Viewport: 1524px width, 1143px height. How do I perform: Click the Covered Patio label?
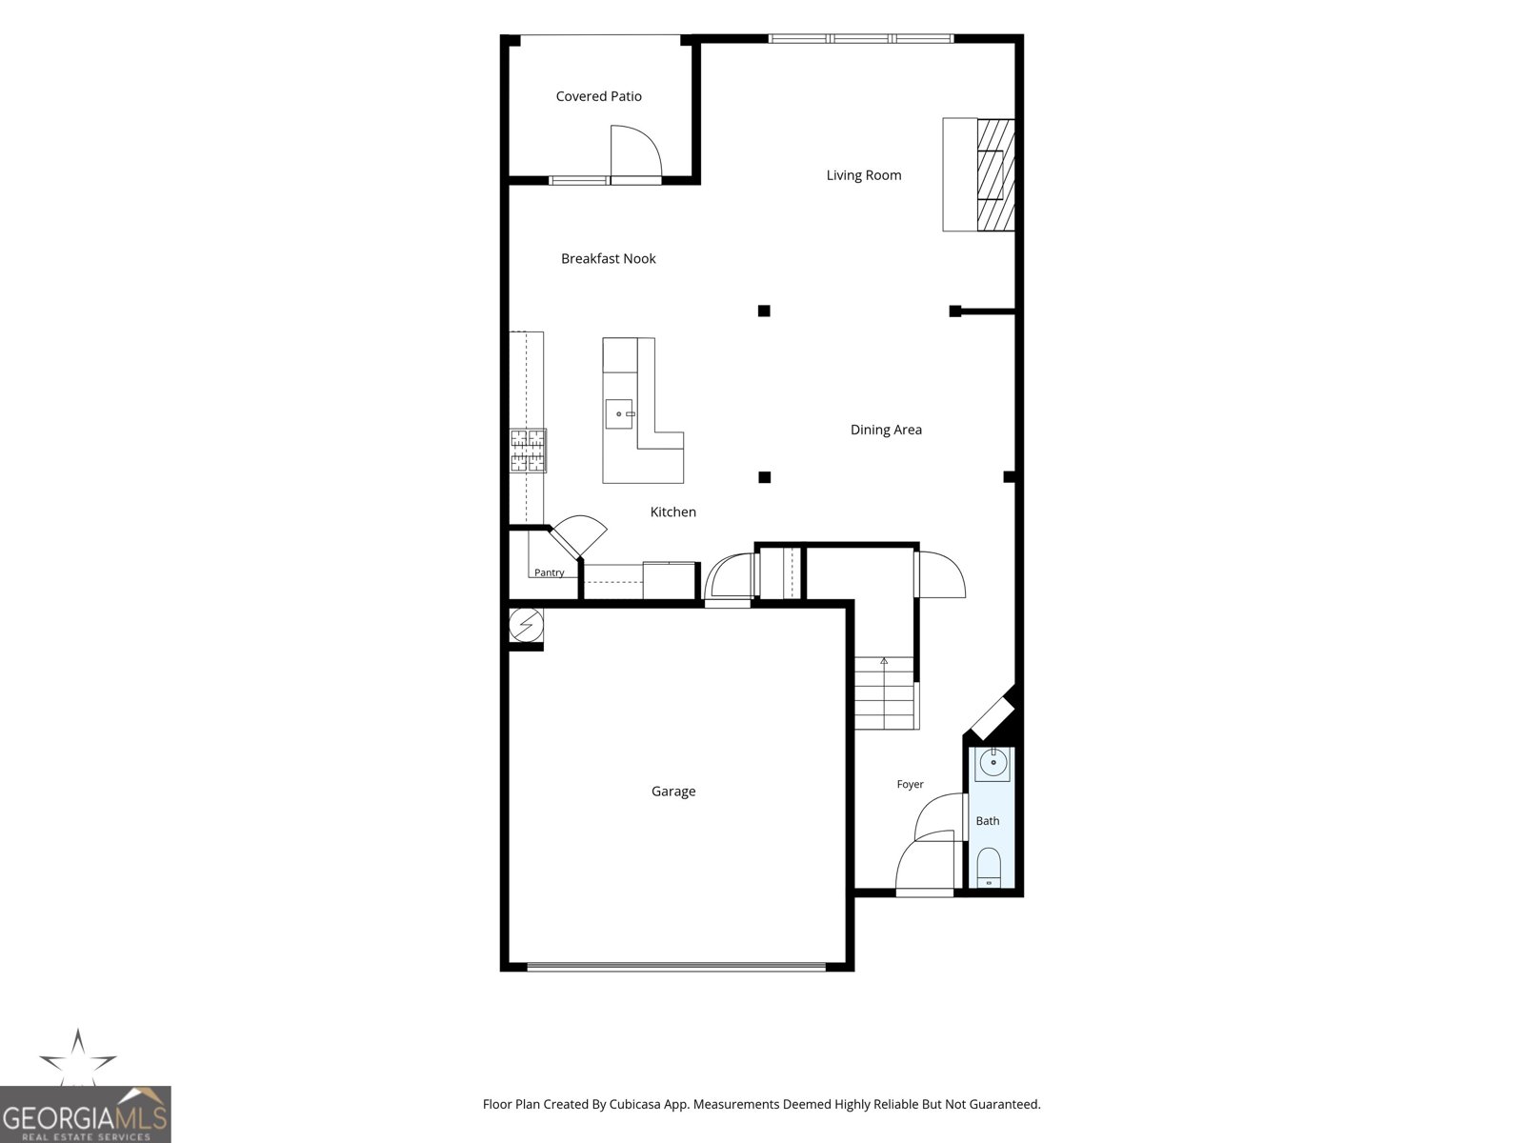[x=598, y=96]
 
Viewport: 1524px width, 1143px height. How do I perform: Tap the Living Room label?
[x=864, y=175]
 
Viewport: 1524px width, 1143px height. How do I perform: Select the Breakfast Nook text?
[x=609, y=259]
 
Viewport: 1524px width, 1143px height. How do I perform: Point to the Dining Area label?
[x=886, y=430]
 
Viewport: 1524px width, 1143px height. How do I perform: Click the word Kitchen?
[x=672, y=512]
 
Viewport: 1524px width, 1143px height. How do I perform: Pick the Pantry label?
[x=550, y=572]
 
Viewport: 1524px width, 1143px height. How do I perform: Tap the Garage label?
[x=673, y=792]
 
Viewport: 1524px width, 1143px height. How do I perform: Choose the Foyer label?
[x=911, y=784]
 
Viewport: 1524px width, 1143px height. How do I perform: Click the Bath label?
[x=988, y=821]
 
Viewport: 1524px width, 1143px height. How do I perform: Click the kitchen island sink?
[x=618, y=414]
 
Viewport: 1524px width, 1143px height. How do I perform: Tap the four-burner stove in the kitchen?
[x=528, y=451]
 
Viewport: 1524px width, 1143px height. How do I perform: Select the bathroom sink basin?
[x=993, y=763]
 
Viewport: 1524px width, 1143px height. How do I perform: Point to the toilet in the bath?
[x=989, y=867]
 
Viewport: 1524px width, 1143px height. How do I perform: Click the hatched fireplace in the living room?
[x=995, y=175]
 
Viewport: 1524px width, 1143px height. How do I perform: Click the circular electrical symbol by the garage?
[x=527, y=625]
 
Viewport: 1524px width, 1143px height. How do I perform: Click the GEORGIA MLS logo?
[x=85, y=1114]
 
